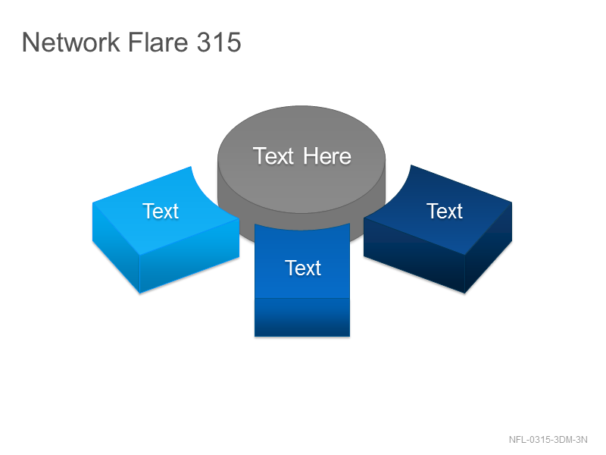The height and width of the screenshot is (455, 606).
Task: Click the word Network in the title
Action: click(71, 42)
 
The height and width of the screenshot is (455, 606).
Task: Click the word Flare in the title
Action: click(158, 42)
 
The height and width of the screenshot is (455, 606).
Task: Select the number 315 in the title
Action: click(219, 42)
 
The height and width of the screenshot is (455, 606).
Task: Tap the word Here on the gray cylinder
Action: click(327, 156)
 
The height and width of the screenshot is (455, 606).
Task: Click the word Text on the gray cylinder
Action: click(273, 156)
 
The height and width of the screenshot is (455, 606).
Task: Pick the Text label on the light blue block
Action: click(161, 212)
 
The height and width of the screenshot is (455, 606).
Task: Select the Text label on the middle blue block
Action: click(303, 268)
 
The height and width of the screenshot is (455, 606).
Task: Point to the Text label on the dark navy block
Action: click(445, 212)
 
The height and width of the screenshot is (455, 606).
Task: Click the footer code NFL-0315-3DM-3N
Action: click(548, 440)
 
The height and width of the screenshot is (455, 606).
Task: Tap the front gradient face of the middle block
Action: click(302, 317)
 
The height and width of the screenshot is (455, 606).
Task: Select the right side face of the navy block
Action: click(489, 248)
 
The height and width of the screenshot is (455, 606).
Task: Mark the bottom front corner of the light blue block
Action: click(139, 293)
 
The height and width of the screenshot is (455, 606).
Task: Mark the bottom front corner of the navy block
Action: click(464, 293)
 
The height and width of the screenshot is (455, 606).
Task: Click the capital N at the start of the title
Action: click(30, 42)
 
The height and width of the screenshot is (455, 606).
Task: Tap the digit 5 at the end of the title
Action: click(234, 42)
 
